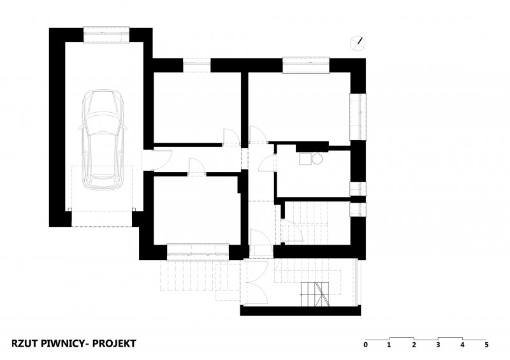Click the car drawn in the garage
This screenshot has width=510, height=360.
[102, 139]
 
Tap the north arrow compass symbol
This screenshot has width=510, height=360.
[358, 43]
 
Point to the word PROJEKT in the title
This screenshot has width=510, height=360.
[114, 343]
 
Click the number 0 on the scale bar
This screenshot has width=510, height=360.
[365, 345]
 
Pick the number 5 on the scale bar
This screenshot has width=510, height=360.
[486, 345]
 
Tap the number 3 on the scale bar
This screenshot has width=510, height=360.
[438, 345]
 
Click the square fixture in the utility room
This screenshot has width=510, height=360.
[305, 159]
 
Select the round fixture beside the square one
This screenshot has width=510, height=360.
[317, 159]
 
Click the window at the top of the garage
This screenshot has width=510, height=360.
[106, 34]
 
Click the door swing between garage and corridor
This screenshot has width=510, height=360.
[162, 160]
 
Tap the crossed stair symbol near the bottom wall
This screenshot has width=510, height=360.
[315, 294]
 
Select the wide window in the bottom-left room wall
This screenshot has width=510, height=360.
[198, 252]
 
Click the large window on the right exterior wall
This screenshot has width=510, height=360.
[358, 117]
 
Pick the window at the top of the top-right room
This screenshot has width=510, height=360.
[306, 65]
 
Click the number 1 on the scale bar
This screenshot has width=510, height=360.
[389, 345]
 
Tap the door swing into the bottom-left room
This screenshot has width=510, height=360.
[196, 167]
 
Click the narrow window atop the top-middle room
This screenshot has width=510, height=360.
[197, 65]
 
